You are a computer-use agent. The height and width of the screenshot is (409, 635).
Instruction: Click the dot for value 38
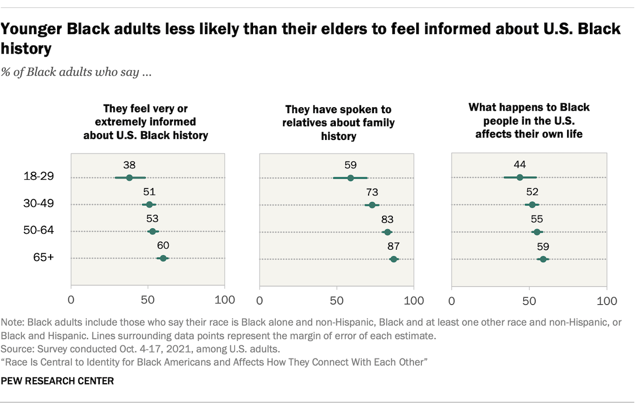(129, 178)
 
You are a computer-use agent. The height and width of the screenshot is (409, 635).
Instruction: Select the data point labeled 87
(393, 259)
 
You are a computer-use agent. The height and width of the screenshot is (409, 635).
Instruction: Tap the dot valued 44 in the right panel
(520, 178)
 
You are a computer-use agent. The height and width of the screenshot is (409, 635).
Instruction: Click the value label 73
(372, 193)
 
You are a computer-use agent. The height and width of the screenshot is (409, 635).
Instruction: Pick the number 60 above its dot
(163, 246)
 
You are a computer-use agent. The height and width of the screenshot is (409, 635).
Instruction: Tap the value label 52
(532, 193)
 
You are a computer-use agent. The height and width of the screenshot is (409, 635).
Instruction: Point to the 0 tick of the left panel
(71, 300)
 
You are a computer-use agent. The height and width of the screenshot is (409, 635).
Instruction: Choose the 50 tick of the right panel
(529, 301)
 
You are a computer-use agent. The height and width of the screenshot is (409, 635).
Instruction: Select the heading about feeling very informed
(145, 122)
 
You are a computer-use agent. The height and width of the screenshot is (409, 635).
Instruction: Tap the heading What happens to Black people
(529, 121)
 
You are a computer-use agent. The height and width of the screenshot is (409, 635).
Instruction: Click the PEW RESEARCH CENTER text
(58, 381)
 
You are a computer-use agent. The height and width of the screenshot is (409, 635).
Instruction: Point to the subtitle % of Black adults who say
(76, 72)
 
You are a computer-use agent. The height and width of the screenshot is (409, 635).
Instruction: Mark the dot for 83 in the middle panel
(387, 232)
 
